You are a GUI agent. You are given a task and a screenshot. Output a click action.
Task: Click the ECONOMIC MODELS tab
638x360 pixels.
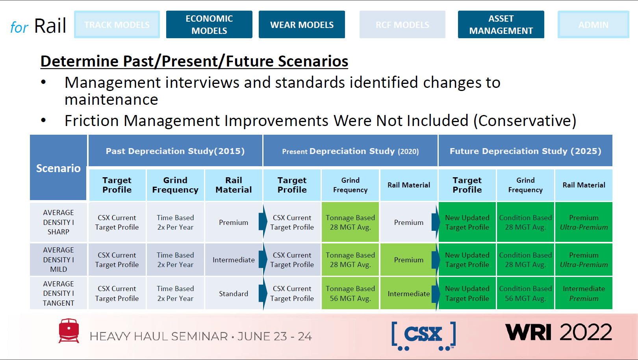click(209, 24)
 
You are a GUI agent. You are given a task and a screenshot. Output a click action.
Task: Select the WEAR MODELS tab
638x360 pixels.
click(302, 24)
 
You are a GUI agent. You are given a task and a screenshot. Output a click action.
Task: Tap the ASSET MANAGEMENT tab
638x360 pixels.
click(501, 24)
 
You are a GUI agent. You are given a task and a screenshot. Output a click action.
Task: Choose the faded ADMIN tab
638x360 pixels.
click(593, 24)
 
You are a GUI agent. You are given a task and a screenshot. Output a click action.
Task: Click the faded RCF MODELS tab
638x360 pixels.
click(402, 24)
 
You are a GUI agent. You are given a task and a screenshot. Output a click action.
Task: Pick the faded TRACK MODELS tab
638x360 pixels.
click(117, 24)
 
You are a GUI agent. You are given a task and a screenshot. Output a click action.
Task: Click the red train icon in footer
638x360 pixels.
click(69, 330)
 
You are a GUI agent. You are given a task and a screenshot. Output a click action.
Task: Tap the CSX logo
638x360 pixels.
click(423, 335)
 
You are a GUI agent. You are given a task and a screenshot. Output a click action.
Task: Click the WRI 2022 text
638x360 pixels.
click(558, 332)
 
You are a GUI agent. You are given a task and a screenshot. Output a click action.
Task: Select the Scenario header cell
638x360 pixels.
click(58, 168)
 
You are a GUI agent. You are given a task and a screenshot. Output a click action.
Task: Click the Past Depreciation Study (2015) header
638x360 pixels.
click(175, 151)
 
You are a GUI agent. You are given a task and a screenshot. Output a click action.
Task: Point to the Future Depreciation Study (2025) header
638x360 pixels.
click(525, 151)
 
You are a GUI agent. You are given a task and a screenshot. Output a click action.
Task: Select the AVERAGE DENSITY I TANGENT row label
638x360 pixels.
click(58, 293)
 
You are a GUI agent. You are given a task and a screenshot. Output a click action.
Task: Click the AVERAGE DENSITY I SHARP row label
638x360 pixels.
click(58, 222)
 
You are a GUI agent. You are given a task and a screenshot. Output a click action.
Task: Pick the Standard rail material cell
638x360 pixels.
click(234, 293)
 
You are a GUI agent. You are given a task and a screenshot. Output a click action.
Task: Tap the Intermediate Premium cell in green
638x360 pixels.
click(584, 293)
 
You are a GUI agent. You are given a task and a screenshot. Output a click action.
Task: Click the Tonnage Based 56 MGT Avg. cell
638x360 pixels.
click(350, 293)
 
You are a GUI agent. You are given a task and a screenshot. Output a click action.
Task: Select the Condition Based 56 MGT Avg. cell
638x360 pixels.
click(525, 293)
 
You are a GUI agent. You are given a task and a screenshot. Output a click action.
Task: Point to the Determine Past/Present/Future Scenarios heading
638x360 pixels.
click(194, 61)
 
